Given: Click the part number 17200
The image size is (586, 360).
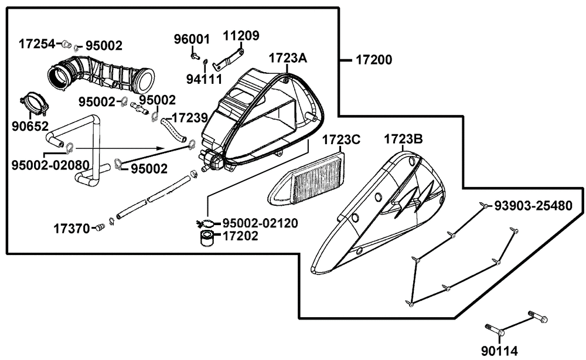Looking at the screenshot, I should tap(373, 60).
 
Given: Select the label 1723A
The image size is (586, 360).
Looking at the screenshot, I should tap(288, 59).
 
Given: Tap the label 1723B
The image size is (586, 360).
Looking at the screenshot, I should tap(404, 140).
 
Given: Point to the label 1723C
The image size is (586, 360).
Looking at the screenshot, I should tap(341, 140).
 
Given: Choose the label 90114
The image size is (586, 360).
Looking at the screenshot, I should tap(499, 351).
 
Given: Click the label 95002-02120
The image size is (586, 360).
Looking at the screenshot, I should tap(260, 223).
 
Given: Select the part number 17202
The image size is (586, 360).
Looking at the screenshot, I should tap(240, 237).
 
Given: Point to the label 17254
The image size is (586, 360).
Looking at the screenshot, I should tap(37, 43).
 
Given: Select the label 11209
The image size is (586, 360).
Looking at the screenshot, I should tap(241, 36).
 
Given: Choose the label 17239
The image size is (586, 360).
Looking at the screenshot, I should tap(188, 118).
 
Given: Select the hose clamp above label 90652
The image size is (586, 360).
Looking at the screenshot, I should tap(35, 103).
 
